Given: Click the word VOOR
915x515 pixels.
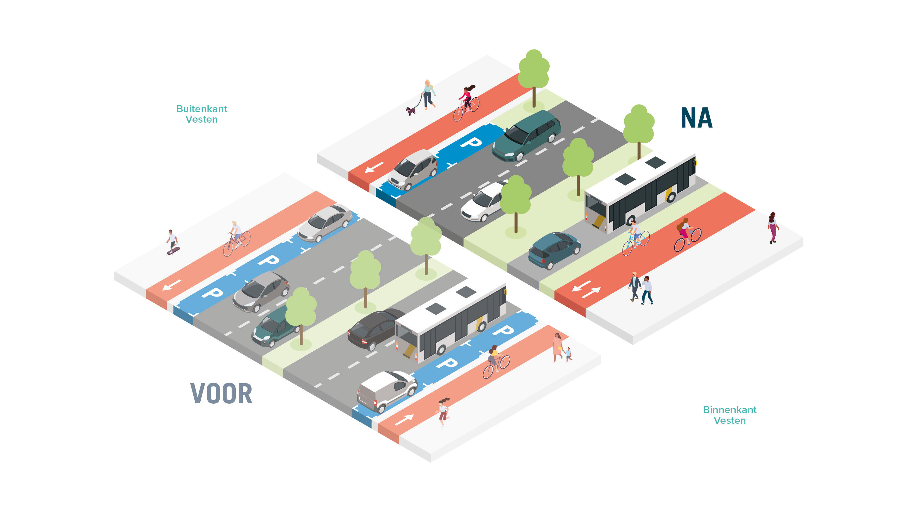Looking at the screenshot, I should (221, 394).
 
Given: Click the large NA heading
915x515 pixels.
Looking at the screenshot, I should (696, 118).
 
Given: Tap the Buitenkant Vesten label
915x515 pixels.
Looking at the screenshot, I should (202, 114).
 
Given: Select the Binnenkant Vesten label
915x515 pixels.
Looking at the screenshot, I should (729, 415).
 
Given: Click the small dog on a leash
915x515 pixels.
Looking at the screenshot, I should (411, 111).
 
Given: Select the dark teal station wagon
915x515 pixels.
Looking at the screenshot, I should (526, 136).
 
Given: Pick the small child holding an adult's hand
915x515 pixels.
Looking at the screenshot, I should (568, 354).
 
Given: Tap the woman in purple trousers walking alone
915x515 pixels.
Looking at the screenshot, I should (773, 228).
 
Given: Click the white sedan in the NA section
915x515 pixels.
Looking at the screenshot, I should (483, 202).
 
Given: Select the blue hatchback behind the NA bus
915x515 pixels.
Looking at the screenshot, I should (554, 250).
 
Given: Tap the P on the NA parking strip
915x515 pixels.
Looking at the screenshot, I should (471, 142).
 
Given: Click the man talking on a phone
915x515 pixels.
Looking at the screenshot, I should (647, 290).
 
